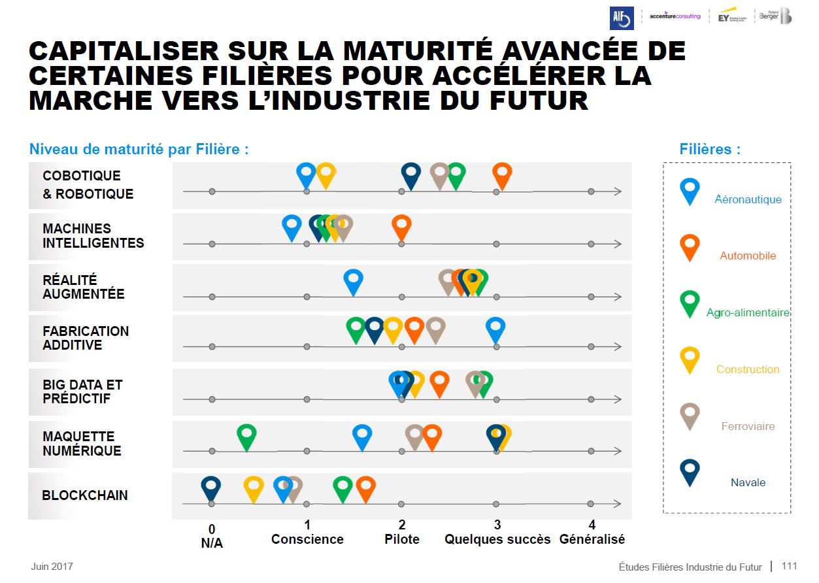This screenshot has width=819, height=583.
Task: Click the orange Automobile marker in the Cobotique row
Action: click(x=502, y=174)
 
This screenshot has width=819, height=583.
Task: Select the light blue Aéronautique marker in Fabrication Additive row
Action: click(x=495, y=329)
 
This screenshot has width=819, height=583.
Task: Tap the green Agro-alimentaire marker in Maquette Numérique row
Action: click(x=246, y=435)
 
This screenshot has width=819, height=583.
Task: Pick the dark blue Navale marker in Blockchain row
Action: click(x=210, y=488)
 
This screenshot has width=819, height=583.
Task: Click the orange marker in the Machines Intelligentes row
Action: click(x=401, y=226)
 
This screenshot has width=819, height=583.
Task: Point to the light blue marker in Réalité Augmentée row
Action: click(x=353, y=280)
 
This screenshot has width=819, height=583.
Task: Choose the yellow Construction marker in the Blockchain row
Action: click(x=254, y=488)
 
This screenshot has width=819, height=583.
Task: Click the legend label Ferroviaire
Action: click(x=748, y=426)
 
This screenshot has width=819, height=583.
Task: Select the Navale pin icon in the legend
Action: click(x=690, y=471)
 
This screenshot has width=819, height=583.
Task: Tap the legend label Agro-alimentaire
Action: click(x=748, y=313)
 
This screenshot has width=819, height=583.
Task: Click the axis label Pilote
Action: click(x=402, y=539)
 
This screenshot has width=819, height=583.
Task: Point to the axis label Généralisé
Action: click(x=592, y=539)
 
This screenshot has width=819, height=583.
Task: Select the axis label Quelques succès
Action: click(x=497, y=539)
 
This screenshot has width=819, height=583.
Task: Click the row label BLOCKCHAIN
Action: click(x=85, y=495)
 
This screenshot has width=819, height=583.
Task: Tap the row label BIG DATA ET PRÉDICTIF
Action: click(x=82, y=391)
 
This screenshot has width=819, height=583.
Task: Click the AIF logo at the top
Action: click(x=622, y=18)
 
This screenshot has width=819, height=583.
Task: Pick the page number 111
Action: click(x=789, y=566)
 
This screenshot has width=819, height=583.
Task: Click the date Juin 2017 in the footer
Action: click(x=52, y=566)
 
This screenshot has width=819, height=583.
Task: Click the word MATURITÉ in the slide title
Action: click(x=416, y=51)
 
